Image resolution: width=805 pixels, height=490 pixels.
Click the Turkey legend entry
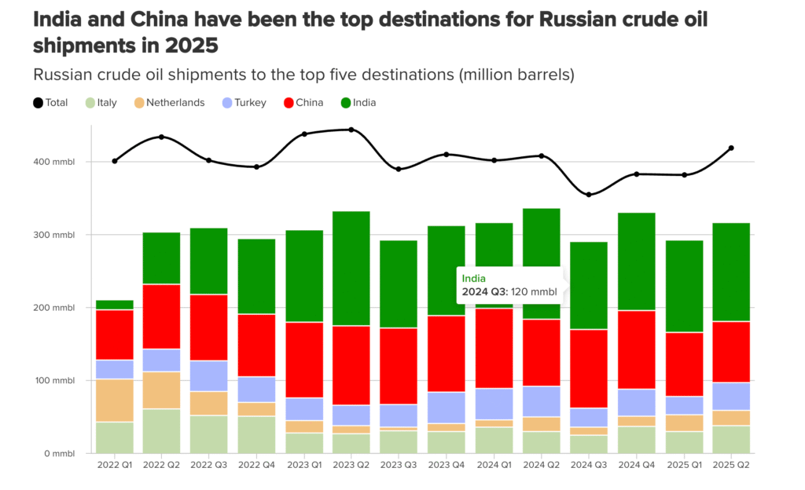[x=244, y=102]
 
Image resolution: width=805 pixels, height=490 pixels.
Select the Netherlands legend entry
[x=168, y=102]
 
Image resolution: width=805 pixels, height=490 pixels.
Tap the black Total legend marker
[x=38, y=102]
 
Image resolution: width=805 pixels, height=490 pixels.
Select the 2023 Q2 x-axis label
[x=351, y=466]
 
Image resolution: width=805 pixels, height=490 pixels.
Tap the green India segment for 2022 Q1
[x=115, y=305]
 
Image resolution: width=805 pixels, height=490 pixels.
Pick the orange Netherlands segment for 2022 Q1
[x=115, y=400]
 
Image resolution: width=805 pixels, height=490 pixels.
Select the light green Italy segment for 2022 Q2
[x=161, y=430]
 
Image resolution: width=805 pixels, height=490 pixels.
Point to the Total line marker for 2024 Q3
[x=587, y=195]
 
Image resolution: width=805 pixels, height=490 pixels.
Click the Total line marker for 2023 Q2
[x=351, y=130]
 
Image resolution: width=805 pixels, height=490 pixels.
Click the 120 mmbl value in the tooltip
[x=533, y=292]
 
